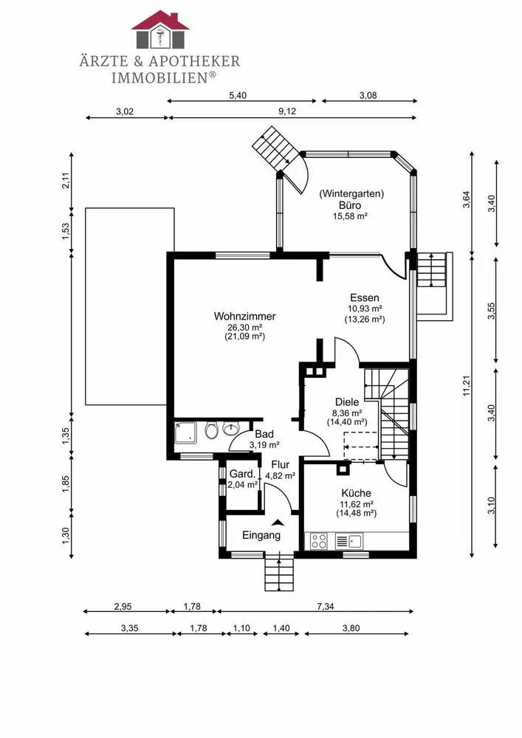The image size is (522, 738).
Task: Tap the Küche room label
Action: pos(356,493)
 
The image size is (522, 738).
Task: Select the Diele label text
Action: pos(346,402)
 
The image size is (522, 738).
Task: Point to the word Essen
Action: pos(365,297)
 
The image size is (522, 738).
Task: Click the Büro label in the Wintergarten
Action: pos(351,205)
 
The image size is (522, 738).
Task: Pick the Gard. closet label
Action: pos(243,474)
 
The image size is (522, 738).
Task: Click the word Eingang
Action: pos(261,535)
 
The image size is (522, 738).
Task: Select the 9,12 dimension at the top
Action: pos(287,111)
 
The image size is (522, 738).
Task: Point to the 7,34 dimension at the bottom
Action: pos(326,606)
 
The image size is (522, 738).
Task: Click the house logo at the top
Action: pos(160,30)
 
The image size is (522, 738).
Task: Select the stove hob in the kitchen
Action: pos(320,542)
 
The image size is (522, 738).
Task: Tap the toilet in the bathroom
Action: pos(212,430)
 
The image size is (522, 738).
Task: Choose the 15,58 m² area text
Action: pos(351,216)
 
